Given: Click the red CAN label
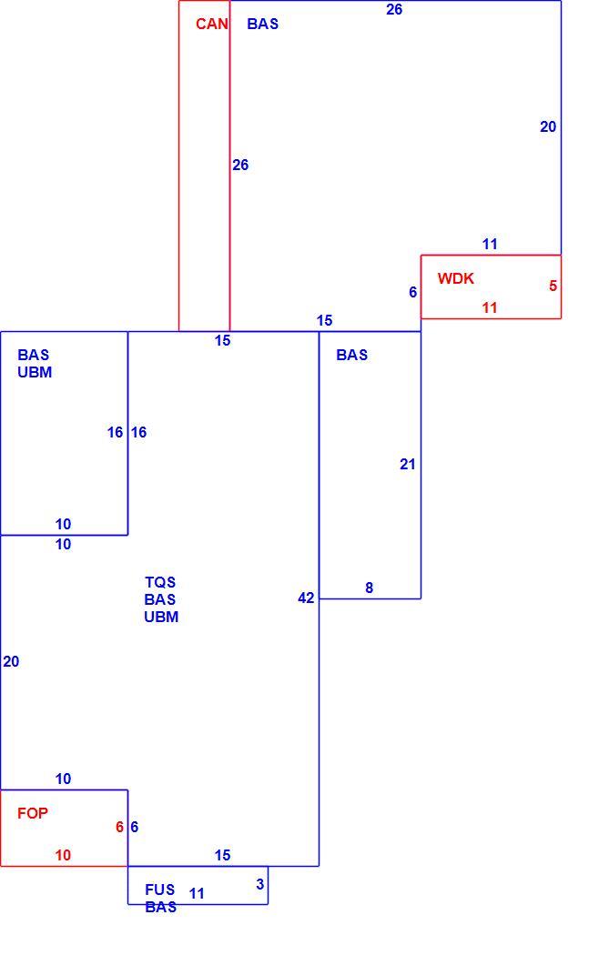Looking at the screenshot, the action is [x=211, y=24].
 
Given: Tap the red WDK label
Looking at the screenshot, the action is [x=455, y=278].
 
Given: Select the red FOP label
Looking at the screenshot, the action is [x=32, y=813].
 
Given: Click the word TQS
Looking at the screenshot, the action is [x=160, y=582].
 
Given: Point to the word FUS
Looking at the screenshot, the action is [x=159, y=890].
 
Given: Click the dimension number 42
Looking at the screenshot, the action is [x=306, y=598].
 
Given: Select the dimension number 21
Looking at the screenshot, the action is [x=408, y=464].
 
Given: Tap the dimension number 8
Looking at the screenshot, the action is [x=369, y=588].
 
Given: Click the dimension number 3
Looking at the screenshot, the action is [x=260, y=884].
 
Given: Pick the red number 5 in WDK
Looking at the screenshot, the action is [x=553, y=286].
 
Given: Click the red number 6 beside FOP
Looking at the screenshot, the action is [x=119, y=827].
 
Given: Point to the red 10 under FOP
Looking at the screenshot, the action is [x=63, y=855].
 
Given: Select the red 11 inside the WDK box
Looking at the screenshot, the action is [x=490, y=307].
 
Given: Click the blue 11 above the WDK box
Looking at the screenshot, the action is [x=490, y=245].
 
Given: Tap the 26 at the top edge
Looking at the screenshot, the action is [x=394, y=9].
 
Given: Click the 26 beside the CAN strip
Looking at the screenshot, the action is [x=240, y=165].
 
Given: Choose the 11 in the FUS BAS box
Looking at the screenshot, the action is [x=197, y=893].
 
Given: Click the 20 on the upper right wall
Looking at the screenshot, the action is [x=548, y=126].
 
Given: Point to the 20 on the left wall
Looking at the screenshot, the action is [x=11, y=661].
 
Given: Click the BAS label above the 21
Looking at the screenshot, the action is [x=351, y=355].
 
